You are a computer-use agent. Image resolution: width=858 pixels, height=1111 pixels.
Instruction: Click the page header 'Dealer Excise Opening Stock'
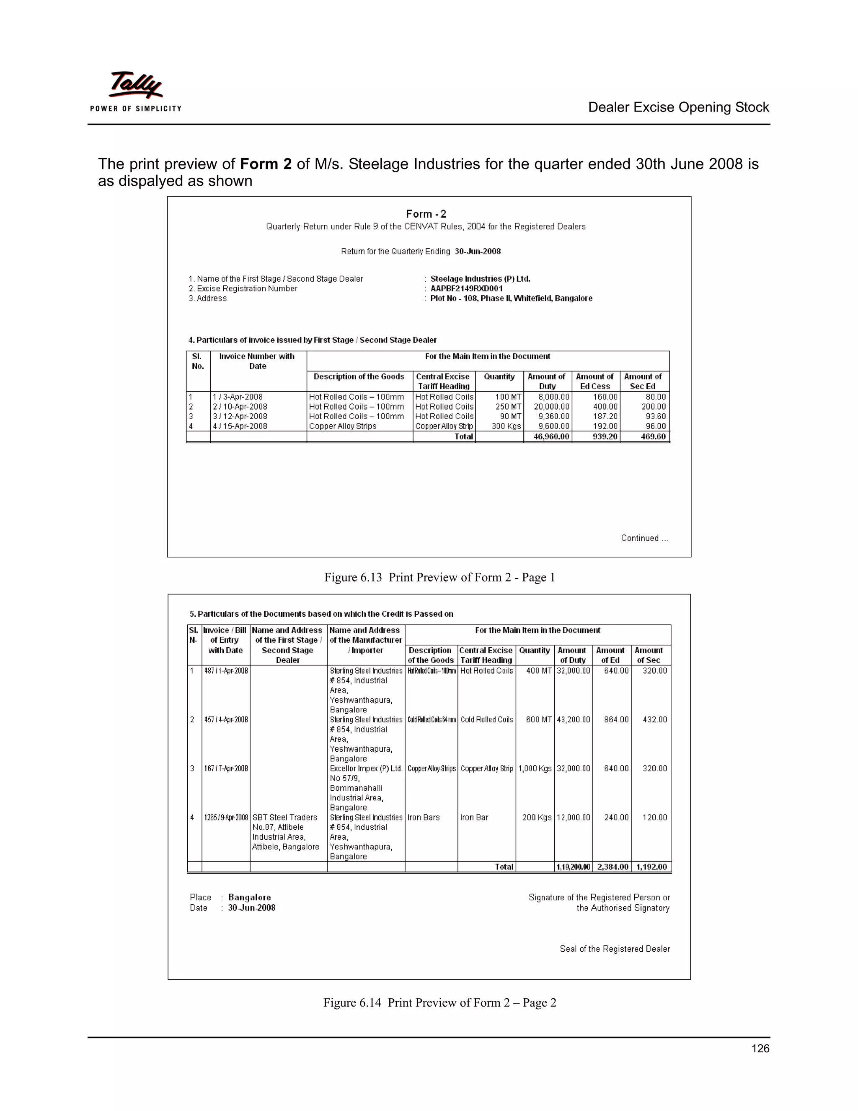coord(678,107)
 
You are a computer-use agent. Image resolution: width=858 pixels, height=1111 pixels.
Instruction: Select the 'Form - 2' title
coord(426,214)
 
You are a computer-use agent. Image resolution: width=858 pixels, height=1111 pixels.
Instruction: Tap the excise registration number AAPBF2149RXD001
coord(467,288)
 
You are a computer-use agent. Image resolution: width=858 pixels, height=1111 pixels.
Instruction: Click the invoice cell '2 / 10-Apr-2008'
coord(240,406)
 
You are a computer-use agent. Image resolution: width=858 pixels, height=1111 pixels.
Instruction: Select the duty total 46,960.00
coord(551,436)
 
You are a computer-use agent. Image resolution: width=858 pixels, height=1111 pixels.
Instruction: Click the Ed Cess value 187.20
coord(605,416)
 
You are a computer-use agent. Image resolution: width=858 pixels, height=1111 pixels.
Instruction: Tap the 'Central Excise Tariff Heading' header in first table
coord(443,381)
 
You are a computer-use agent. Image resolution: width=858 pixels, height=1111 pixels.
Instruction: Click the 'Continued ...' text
coord(644,538)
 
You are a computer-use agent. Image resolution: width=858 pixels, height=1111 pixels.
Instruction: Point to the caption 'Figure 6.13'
coord(353,577)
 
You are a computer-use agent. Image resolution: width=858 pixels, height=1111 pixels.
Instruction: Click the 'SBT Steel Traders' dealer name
coord(284,818)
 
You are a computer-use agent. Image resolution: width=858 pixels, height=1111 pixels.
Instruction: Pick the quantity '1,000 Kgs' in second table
coord(535,768)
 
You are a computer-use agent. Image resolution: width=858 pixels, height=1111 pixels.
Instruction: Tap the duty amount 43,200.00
coord(574,720)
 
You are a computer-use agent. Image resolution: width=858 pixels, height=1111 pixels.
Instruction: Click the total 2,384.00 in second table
coord(612,867)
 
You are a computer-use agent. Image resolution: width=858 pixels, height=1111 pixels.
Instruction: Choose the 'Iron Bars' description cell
coord(424,818)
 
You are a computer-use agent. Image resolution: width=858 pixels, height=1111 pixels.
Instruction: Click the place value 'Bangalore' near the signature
coord(249,897)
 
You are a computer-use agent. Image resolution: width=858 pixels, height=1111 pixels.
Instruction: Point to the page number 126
coord(760,1049)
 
